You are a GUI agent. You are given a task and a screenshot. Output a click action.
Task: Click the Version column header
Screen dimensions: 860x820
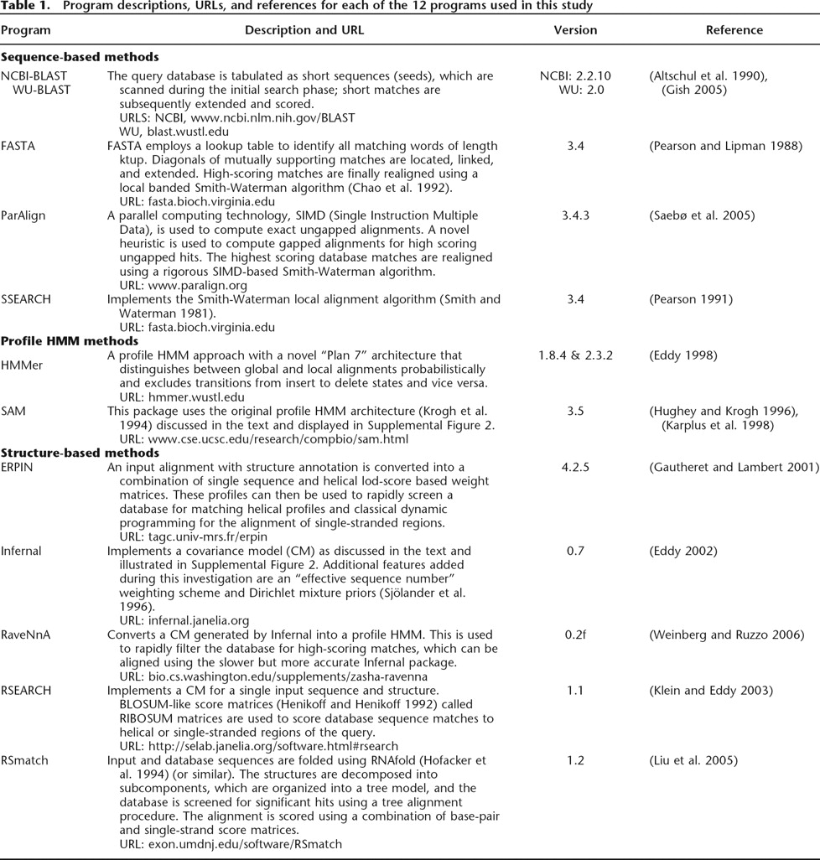pyautogui.click(x=575, y=30)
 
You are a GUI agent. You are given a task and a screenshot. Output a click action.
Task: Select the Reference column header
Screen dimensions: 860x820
pyautogui.click(x=734, y=30)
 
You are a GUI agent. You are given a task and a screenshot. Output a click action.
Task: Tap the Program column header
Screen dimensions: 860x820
pyautogui.click(x=25, y=30)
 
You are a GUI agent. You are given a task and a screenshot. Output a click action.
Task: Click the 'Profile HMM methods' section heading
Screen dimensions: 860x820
pyautogui.click(x=70, y=341)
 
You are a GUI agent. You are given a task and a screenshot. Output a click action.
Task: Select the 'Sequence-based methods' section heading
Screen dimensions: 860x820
pyautogui.click(x=80, y=57)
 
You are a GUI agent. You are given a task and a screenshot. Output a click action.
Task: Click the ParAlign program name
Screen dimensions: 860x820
pyautogui.click(x=23, y=215)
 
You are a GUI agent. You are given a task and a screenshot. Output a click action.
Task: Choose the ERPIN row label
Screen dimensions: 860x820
pyautogui.click(x=18, y=467)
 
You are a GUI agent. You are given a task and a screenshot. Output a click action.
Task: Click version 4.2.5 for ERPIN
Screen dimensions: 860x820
pyautogui.click(x=575, y=467)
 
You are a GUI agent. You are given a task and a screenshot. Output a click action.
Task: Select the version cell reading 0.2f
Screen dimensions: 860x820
pyautogui.click(x=575, y=635)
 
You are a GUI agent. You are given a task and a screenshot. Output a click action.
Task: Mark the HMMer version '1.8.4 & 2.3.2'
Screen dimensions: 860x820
pyautogui.click(x=575, y=355)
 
